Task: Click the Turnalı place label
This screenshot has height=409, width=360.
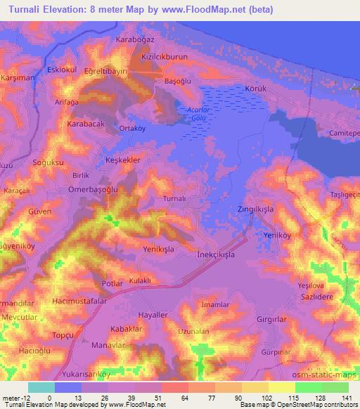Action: tap(173, 199)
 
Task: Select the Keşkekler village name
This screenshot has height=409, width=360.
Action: tap(123, 160)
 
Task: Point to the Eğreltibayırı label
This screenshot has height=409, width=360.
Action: tap(106, 72)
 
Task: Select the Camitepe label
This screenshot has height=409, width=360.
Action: tap(344, 133)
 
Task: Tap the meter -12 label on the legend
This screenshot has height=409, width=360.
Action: tap(15, 398)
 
